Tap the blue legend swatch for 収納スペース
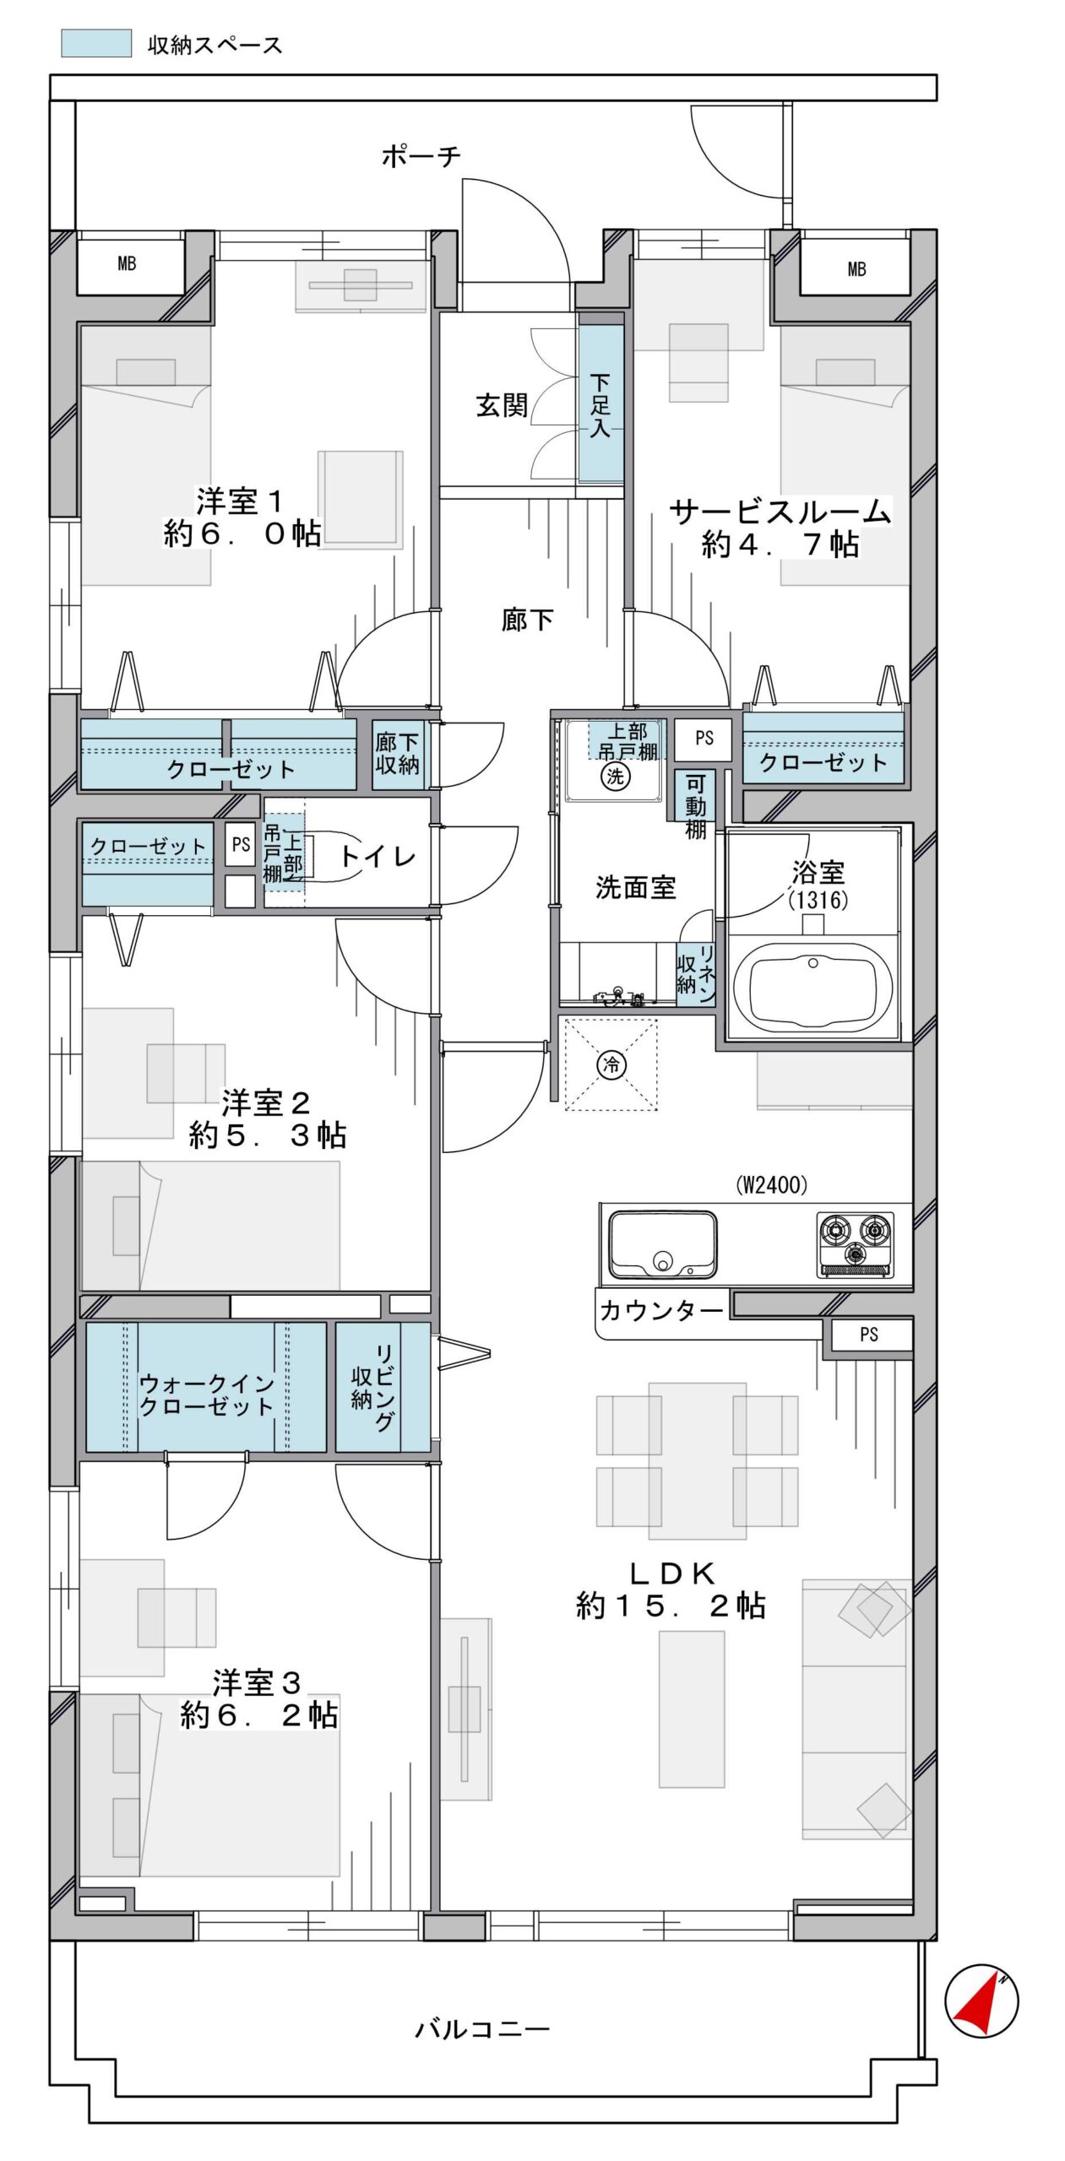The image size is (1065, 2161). click(96, 44)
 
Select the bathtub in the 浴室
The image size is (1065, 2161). click(812, 985)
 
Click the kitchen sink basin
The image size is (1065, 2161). click(663, 1244)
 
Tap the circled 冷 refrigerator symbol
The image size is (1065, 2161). click(611, 1064)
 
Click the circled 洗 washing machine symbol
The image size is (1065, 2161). click(614, 776)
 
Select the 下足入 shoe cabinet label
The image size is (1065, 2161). click(600, 405)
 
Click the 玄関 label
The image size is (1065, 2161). click(502, 405)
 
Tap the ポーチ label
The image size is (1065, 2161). click(421, 156)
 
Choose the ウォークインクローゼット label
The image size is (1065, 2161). click(207, 1395)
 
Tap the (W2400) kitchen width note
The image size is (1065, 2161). click(771, 1185)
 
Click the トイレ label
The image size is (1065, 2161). click(378, 857)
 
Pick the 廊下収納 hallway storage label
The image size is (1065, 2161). click(397, 754)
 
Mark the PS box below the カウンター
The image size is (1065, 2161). click(868, 1335)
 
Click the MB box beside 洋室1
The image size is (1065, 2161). click(127, 263)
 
